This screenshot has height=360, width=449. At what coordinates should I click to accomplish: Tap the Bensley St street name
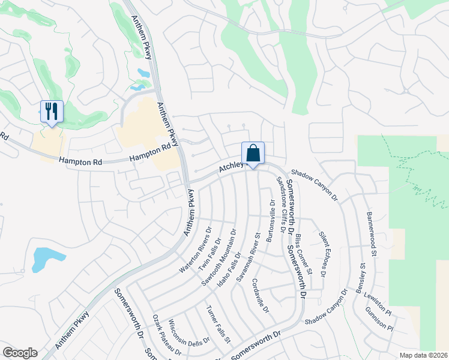pyautogui.click(x=361, y=277)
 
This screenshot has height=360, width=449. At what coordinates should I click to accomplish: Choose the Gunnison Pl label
pyautogui.click(x=382, y=320)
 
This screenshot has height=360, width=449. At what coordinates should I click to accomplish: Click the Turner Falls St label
pyautogui.click(x=218, y=326)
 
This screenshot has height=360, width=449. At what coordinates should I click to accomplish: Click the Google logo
pyautogui.click(x=20, y=353)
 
